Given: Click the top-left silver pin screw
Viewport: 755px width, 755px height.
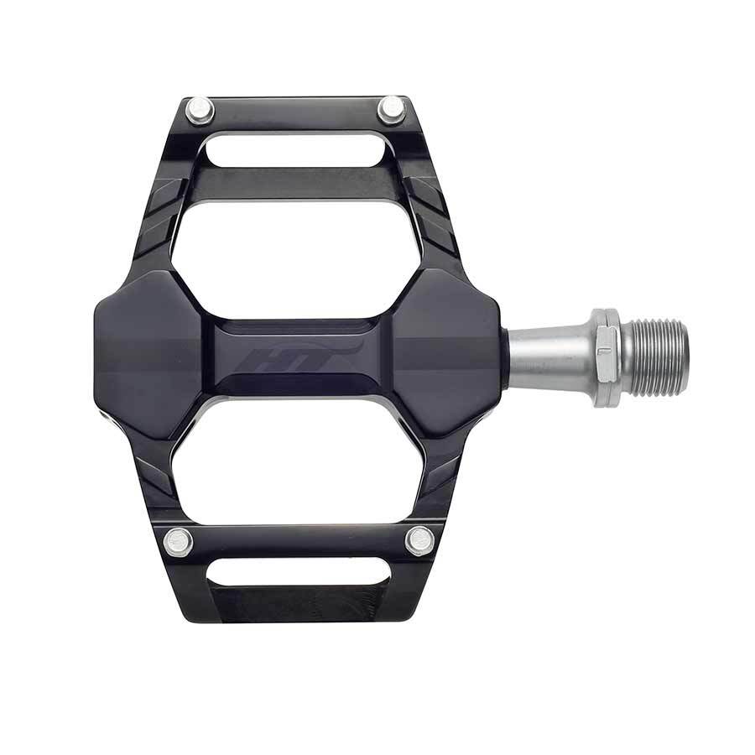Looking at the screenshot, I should tap(199, 110).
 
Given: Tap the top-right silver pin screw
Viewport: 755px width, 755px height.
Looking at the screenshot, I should tap(392, 108).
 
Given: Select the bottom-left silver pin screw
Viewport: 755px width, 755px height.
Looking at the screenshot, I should tap(179, 541).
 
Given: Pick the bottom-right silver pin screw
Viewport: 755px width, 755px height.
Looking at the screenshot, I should tap(419, 539).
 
